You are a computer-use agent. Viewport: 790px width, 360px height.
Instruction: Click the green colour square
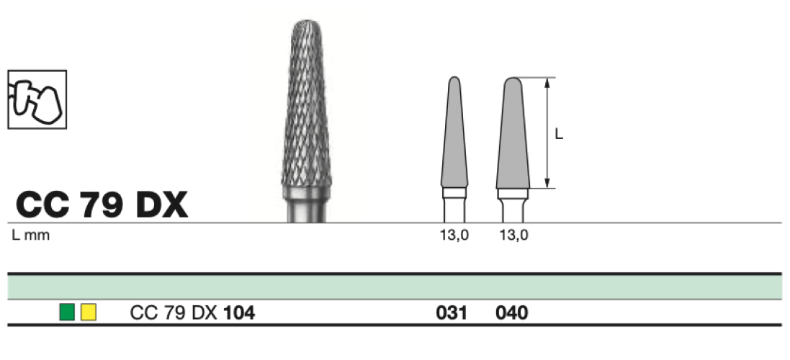point(66,312)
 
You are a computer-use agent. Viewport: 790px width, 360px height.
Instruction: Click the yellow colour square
point(89,312)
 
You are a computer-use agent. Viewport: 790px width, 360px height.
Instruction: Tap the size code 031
point(452,313)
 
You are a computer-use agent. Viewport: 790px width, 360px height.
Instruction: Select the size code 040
point(512,313)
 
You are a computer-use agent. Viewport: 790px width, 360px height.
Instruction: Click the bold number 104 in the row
point(239,313)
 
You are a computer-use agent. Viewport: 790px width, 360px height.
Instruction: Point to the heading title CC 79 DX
point(102,205)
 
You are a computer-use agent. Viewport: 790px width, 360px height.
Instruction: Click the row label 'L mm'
point(31,235)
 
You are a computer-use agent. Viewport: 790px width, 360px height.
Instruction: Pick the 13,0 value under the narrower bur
point(454,235)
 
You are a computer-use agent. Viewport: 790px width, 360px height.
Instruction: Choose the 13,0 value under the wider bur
point(514,235)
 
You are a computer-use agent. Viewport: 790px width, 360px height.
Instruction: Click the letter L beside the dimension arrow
point(559,135)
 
